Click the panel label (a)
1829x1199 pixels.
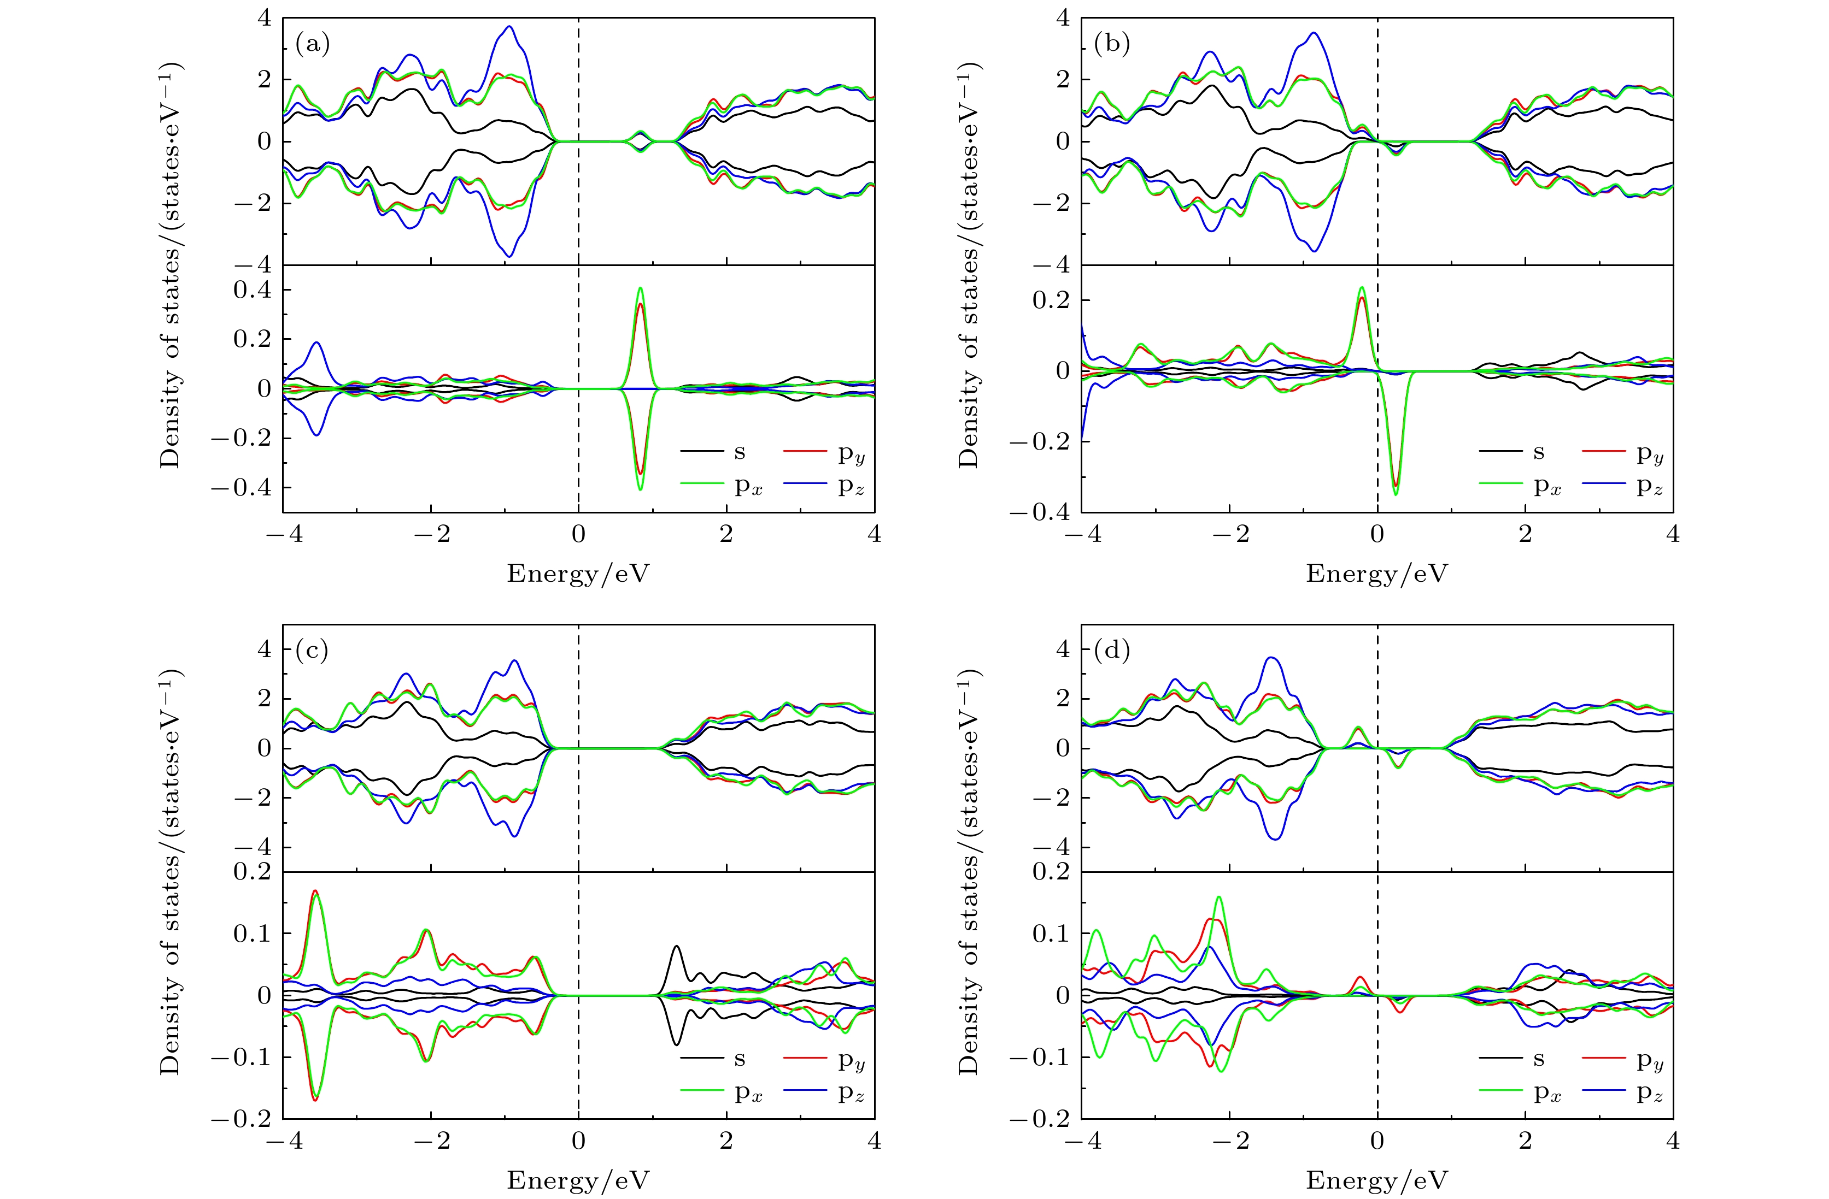tap(312, 45)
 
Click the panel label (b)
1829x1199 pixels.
tap(1111, 45)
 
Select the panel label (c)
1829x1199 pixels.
tap(312, 651)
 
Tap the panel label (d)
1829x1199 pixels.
tap(1111, 651)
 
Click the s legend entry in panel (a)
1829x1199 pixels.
tap(739, 452)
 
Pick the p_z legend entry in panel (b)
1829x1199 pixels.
tap(1649, 486)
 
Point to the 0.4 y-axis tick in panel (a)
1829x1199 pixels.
tap(253, 290)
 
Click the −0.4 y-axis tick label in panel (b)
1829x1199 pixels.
tap(1040, 511)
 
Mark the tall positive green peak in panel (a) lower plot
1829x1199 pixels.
tap(640, 289)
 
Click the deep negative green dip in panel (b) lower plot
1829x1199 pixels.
tap(1396, 493)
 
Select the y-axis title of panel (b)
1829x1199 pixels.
tap(970, 265)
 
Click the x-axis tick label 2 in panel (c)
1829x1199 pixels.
tap(726, 1141)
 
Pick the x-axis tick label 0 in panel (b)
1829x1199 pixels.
tap(1377, 534)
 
